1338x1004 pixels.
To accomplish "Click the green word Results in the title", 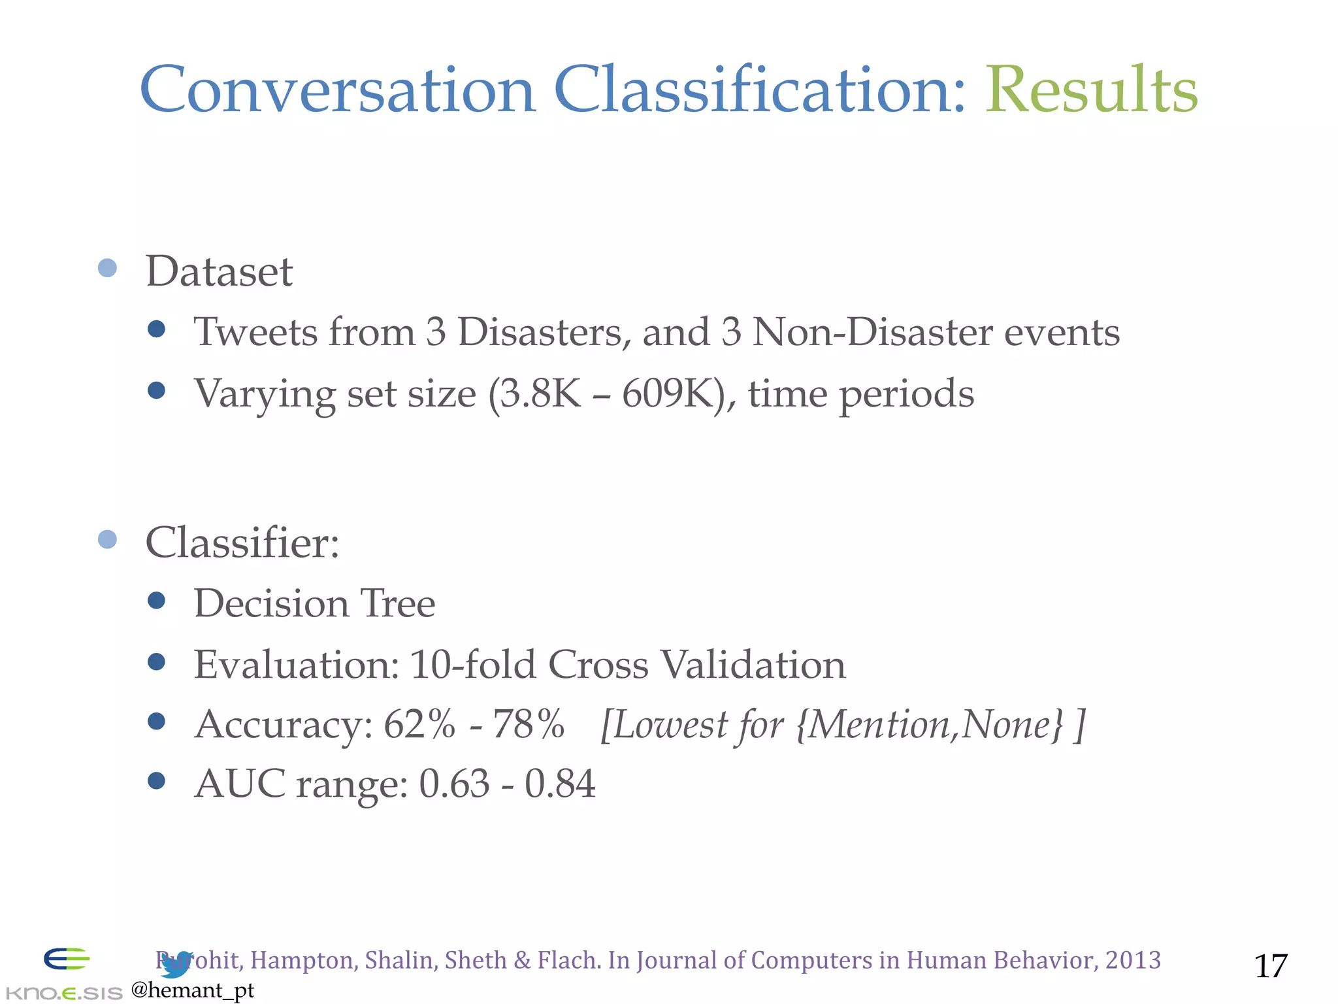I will (1091, 90).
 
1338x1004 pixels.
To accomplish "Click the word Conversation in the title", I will (337, 90).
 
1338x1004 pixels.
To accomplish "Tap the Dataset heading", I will (219, 271).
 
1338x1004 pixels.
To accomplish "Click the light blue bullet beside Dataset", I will (107, 268).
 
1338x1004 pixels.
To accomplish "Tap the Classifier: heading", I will (242, 543).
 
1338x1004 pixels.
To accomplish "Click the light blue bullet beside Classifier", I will (107, 539).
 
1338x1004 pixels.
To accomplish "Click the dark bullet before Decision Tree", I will (156, 600).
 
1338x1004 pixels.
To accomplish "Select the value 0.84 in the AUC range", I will (560, 783).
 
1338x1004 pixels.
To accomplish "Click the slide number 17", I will (1270, 966).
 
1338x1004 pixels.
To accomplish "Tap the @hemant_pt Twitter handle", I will (192, 990).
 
